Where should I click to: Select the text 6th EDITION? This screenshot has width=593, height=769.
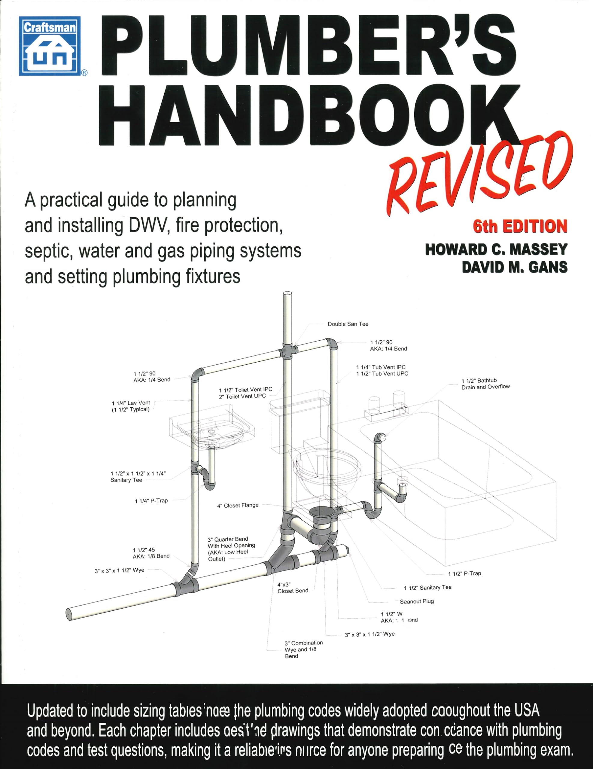(x=520, y=226)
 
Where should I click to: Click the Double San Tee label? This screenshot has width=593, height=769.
(x=348, y=324)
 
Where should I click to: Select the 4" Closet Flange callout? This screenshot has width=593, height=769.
(x=237, y=505)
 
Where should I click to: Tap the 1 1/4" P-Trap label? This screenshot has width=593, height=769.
(x=151, y=501)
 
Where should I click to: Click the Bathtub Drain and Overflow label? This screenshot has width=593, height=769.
(x=485, y=383)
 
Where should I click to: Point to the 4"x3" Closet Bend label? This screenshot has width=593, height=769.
(x=292, y=588)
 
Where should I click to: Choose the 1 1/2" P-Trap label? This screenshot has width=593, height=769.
(x=464, y=573)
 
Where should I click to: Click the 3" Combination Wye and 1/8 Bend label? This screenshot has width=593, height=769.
(x=303, y=649)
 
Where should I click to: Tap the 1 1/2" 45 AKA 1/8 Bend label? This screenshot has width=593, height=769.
(x=151, y=553)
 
